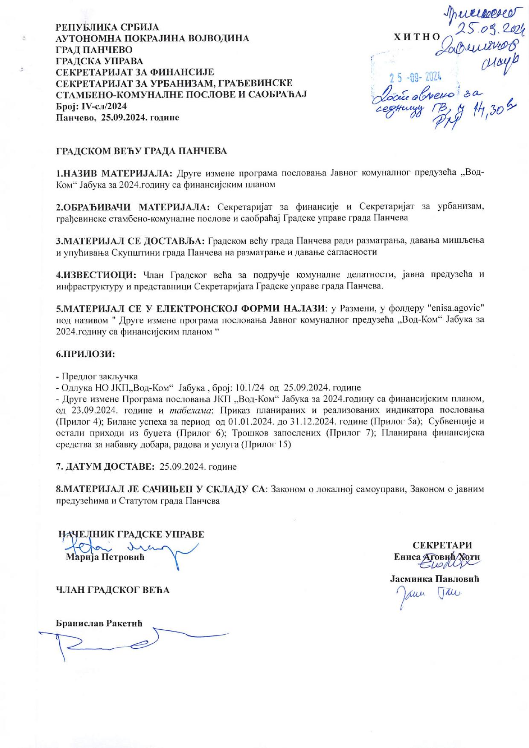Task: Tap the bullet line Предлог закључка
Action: (x=99, y=377)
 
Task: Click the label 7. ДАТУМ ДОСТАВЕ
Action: (x=105, y=467)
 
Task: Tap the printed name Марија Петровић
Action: (x=105, y=557)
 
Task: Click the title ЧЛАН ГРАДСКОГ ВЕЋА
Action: (x=113, y=590)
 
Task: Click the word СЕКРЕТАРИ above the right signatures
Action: (x=442, y=545)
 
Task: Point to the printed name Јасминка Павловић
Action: (x=435, y=579)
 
